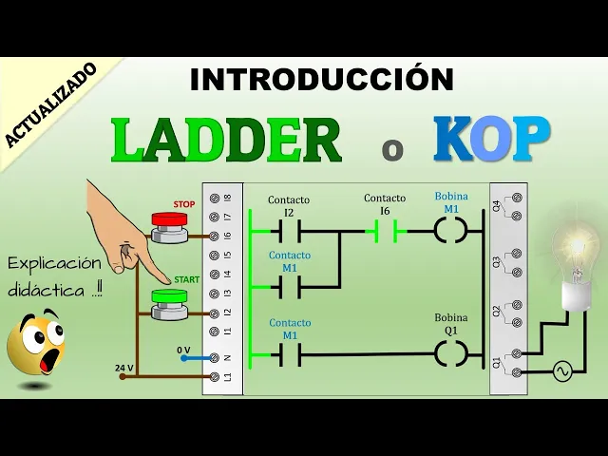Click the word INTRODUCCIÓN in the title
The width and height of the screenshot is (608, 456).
tap(321, 79)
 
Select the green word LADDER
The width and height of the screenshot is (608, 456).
tap(227, 142)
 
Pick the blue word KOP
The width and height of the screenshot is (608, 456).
tap(492, 142)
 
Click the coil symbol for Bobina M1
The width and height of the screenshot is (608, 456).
tap(451, 230)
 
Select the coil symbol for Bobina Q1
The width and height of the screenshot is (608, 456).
tap(451, 353)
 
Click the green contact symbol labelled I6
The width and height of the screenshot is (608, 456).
tap(385, 230)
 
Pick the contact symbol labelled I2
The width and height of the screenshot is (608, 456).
tap(289, 230)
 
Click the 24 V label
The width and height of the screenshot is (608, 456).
tap(124, 367)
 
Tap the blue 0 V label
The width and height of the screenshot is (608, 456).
tap(183, 350)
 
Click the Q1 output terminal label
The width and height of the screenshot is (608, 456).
tap(496, 362)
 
